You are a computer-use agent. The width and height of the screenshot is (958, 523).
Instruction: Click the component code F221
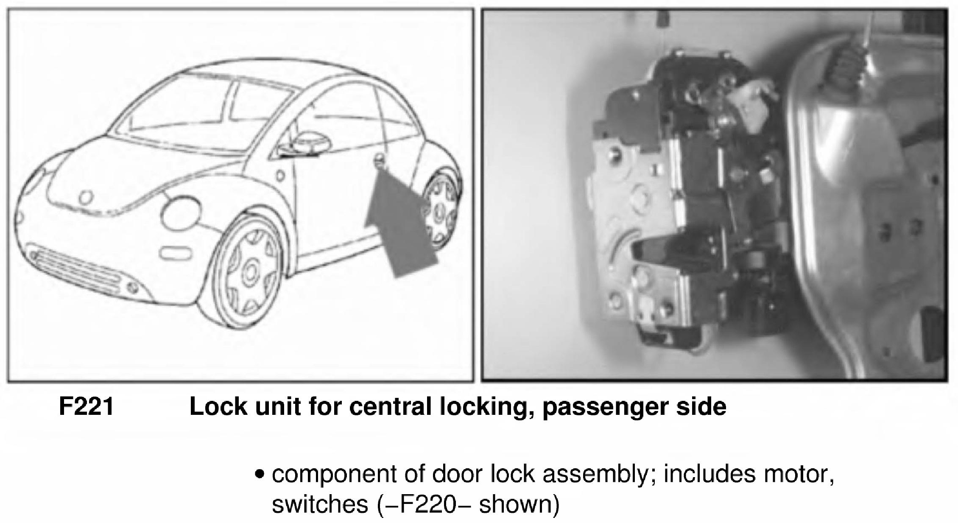pyautogui.click(x=86, y=407)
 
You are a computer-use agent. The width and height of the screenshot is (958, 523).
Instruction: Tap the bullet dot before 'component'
pyautogui.click(x=260, y=475)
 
